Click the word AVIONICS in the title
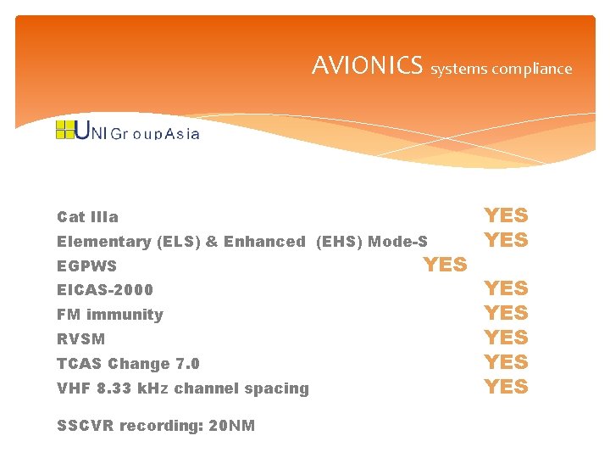(x=367, y=65)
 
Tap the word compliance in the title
(x=533, y=69)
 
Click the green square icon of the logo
(x=64, y=130)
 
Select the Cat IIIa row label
(x=87, y=217)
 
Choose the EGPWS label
(x=86, y=266)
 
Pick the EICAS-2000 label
(x=105, y=290)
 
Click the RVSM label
(x=81, y=339)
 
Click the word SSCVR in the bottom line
(x=85, y=426)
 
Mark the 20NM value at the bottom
(x=231, y=426)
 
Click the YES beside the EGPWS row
(x=445, y=265)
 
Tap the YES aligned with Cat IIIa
(x=506, y=216)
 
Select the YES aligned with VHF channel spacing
(x=506, y=387)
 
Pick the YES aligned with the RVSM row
(x=506, y=338)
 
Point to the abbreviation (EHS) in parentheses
(x=340, y=242)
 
